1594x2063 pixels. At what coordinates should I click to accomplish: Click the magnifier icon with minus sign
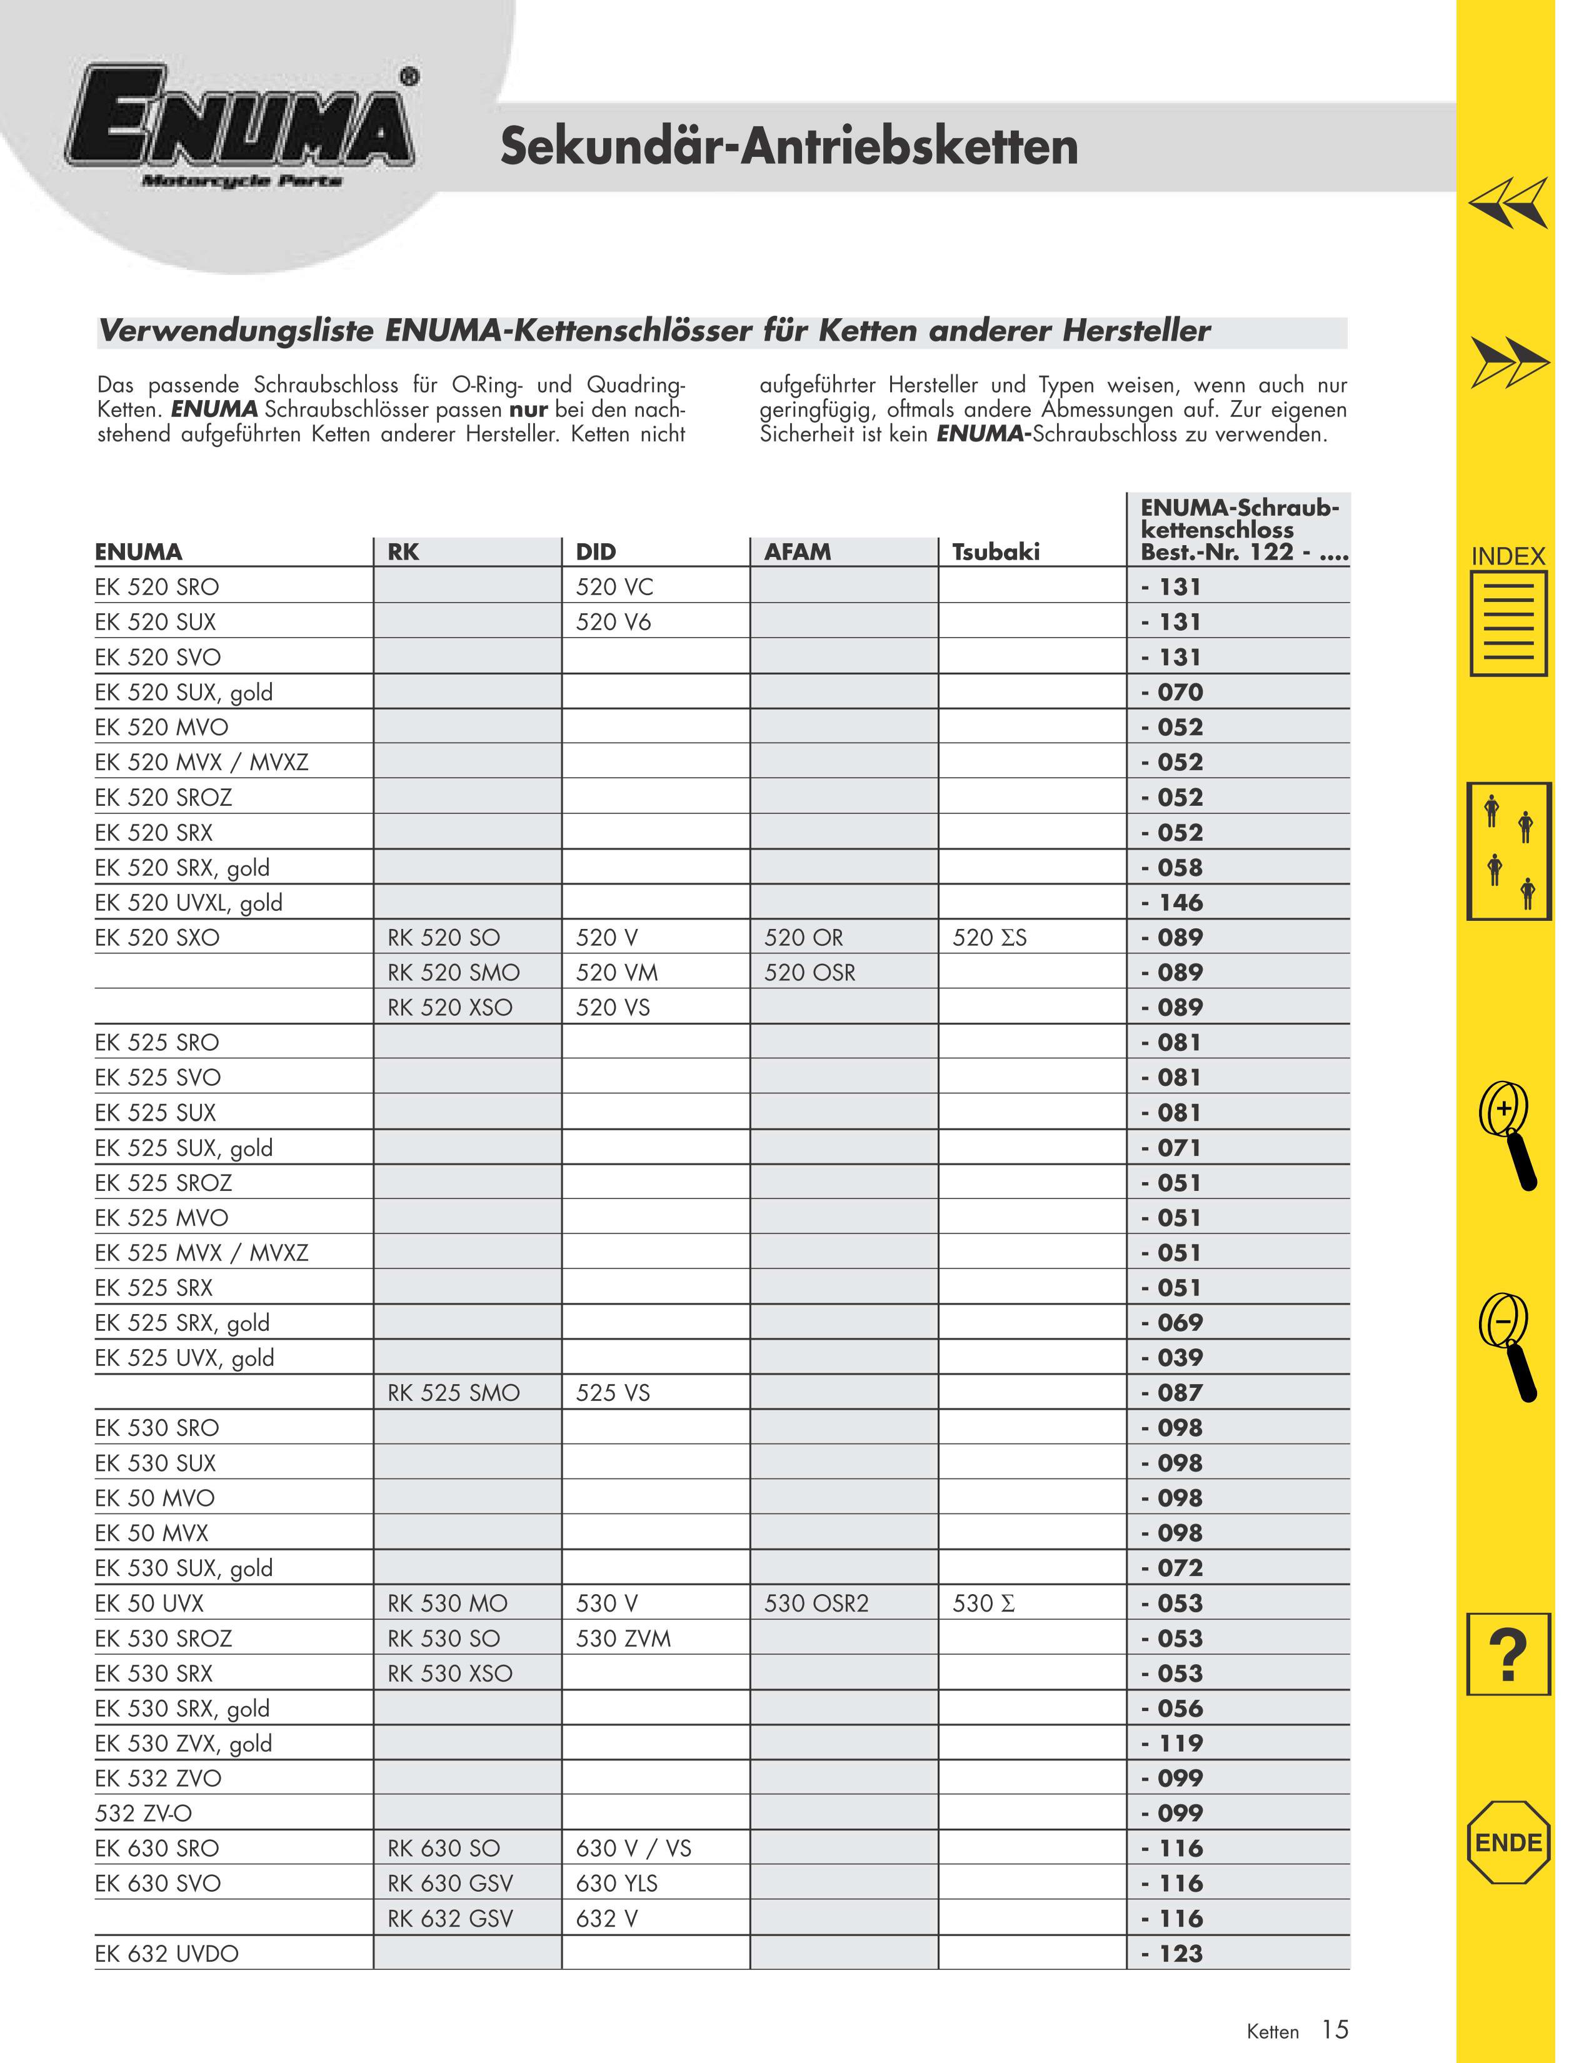tap(1508, 1345)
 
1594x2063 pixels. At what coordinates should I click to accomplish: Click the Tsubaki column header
tap(995, 551)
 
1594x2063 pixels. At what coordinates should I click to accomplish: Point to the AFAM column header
tap(798, 551)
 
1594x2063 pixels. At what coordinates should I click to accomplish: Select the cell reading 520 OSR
tap(810, 972)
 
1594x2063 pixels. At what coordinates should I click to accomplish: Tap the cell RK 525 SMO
tap(453, 1392)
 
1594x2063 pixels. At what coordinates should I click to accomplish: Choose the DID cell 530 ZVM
tap(623, 1638)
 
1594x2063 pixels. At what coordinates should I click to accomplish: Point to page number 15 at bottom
tap(1335, 2029)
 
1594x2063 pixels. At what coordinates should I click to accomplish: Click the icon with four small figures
tap(1509, 851)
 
